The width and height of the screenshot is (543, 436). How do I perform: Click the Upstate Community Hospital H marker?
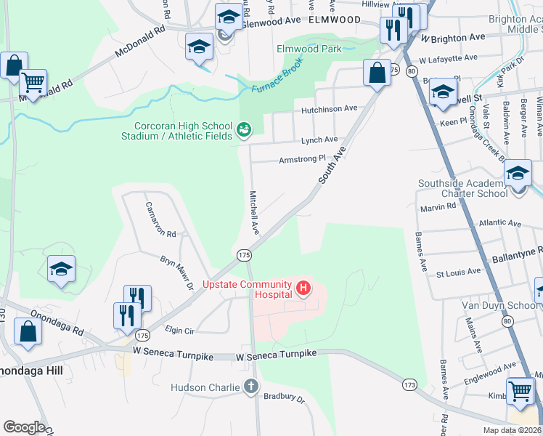tap(303, 290)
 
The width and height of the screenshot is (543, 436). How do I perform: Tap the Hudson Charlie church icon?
tap(250, 387)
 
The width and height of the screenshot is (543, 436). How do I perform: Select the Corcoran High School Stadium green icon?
tap(245, 130)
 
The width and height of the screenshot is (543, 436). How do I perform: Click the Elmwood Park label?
tap(309, 49)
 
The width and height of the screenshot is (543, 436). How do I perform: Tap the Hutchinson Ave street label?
tap(330, 108)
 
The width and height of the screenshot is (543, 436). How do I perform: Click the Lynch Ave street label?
tap(319, 140)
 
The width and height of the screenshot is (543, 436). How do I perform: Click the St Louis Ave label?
tap(458, 272)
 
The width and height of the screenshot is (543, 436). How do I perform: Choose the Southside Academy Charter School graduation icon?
tap(518, 174)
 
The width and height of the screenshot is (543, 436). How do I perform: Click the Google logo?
tap(24, 427)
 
